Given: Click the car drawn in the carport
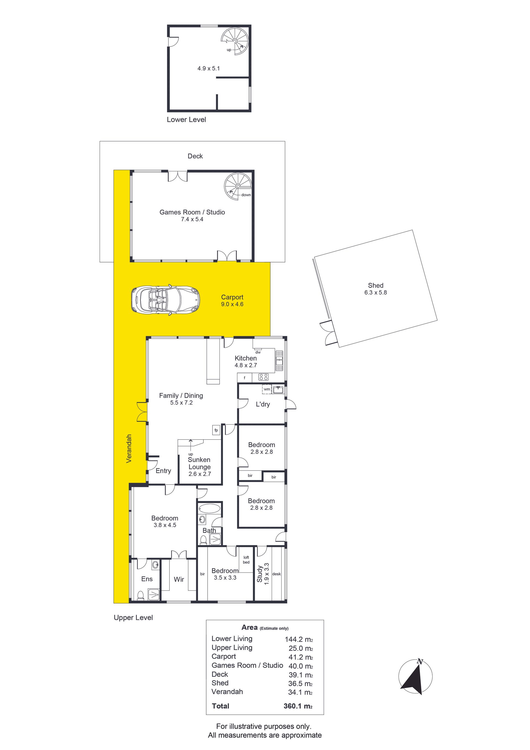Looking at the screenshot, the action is [x=165, y=299].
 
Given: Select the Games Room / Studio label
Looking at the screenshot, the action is [x=192, y=212].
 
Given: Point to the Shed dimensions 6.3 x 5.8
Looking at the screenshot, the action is [x=376, y=293].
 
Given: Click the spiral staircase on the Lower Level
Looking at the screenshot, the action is [x=234, y=41].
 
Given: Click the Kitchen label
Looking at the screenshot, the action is [x=246, y=358].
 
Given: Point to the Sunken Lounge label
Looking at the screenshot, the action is [x=199, y=463].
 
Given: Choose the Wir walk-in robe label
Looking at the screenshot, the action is [x=179, y=580].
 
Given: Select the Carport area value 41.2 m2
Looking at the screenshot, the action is [x=301, y=657].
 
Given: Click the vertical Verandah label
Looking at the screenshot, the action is [x=129, y=449].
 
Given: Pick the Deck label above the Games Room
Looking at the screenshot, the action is [x=195, y=156].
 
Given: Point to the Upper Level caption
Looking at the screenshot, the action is [x=133, y=618].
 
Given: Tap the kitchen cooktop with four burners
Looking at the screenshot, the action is [x=263, y=377].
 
